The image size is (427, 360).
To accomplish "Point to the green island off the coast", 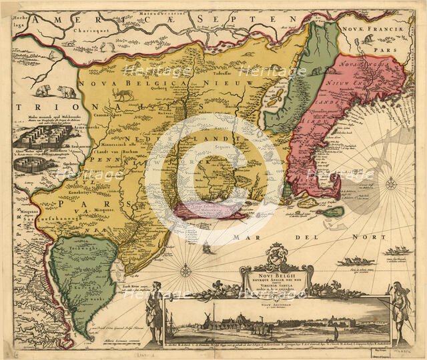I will click(x=334, y=212).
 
